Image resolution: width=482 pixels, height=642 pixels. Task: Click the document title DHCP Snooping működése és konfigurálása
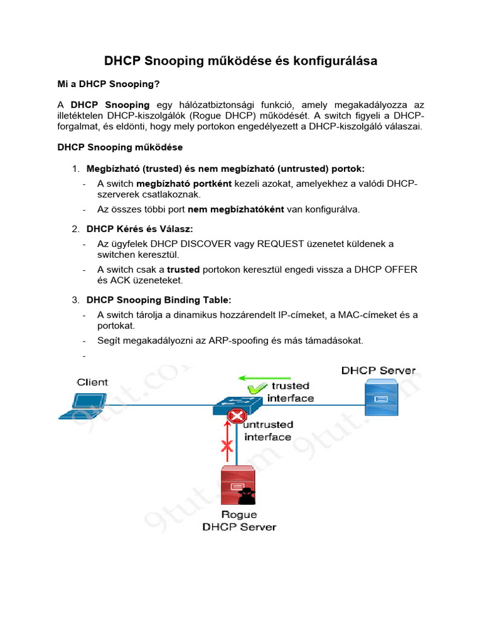point(240,61)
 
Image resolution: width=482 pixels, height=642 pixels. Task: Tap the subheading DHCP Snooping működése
point(120,147)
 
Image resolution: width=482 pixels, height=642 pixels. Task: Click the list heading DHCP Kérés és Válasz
point(139,229)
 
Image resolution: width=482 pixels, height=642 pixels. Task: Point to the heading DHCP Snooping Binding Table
point(163,300)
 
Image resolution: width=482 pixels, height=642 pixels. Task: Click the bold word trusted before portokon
point(183,269)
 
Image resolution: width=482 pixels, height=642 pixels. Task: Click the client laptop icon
point(83,406)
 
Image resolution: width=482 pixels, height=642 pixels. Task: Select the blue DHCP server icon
point(382,399)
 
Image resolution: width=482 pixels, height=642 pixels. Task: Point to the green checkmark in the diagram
point(254,389)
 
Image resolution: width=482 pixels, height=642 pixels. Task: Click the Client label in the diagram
point(92,382)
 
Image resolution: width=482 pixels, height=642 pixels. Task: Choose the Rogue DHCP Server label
point(238,521)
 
